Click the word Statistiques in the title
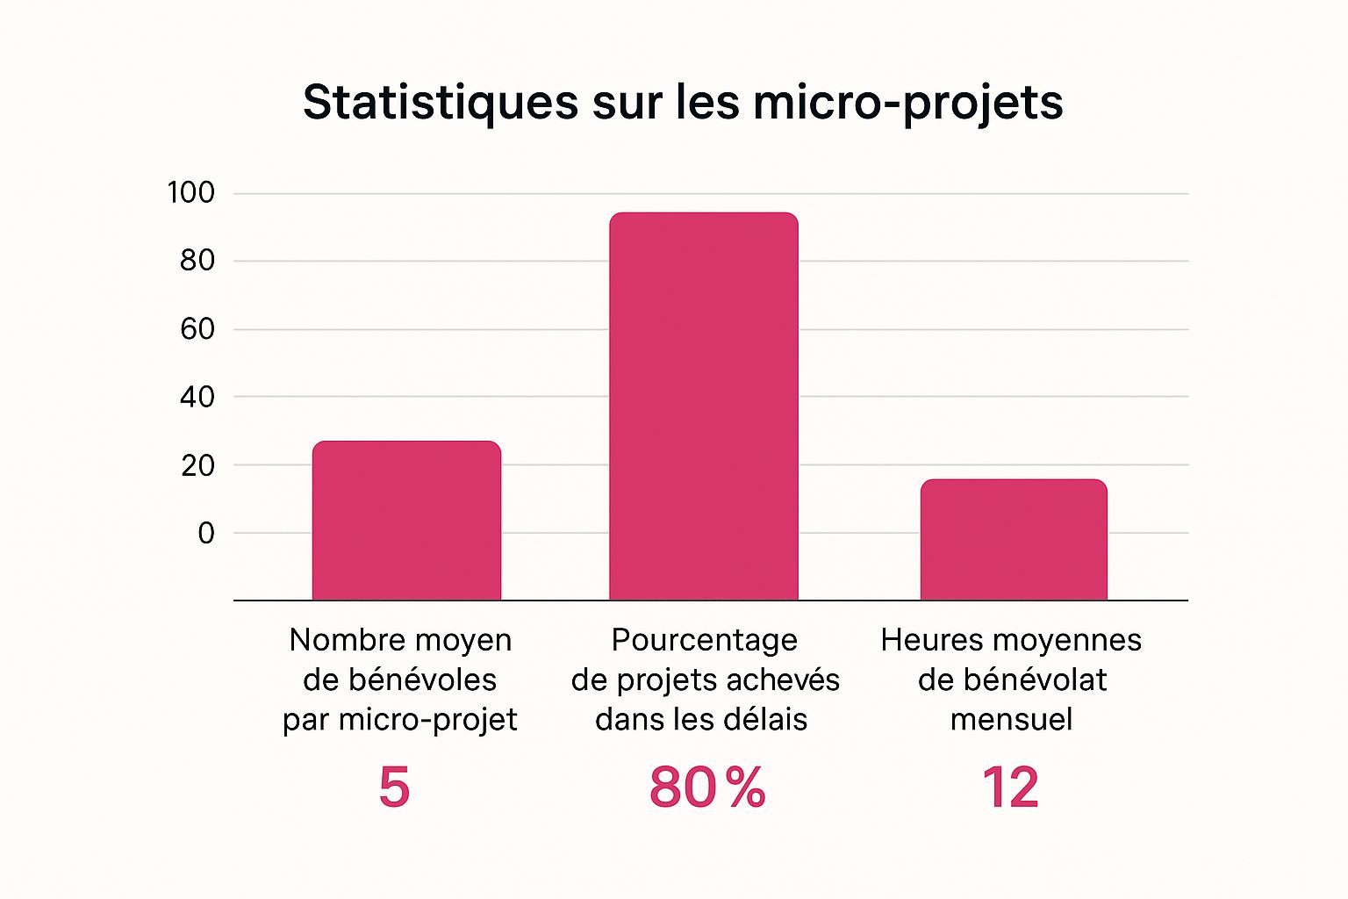tap(440, 103)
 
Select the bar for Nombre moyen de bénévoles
tap(406, 521)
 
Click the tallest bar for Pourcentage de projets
tap(704, 406)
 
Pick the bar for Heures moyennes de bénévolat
tap(1014, 540)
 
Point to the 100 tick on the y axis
tap(190, 193)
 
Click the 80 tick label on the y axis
tap(197, 261)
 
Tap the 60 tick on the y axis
tap(197, 329)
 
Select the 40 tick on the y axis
tap(197, 397)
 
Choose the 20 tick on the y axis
tap(197, 465)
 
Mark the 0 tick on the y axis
tap(206, 533)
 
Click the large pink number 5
tap(394, 788)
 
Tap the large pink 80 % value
tap(707, 788)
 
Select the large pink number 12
tap(1010, 788)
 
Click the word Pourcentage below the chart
tap(704, 641)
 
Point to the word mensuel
tap(1011, 720)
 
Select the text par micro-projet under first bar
tap(399, 720)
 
